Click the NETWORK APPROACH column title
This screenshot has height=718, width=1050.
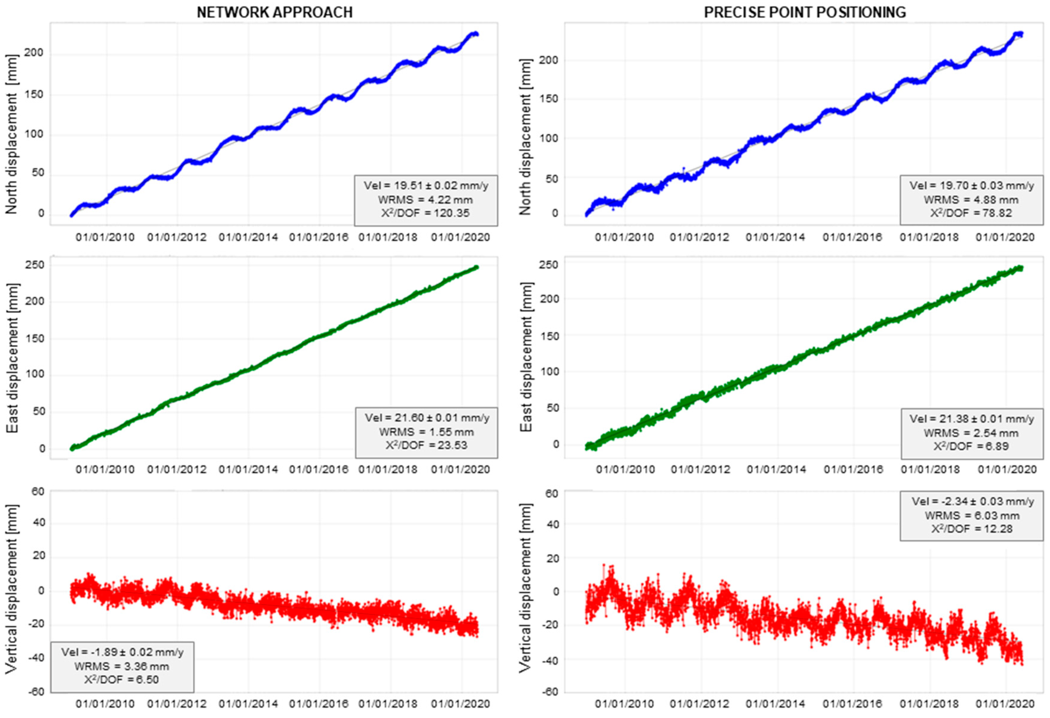point(275,12)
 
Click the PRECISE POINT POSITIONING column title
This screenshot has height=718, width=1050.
point(805,12)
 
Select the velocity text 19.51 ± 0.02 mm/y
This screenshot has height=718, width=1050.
point(426,186)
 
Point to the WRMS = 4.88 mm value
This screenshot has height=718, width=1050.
point(971,200)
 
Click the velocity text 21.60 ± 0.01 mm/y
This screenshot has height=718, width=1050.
point(427,418)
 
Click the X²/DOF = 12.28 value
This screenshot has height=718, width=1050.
point(972,529)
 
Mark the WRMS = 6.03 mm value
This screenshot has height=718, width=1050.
point(972,516)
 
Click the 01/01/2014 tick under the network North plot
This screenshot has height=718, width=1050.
point(248,237)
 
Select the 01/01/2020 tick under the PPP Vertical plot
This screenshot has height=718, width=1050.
point(1005,704)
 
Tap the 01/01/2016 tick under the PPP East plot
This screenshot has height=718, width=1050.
point(853,469)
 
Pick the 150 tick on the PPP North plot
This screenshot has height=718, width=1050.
point(549,99)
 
